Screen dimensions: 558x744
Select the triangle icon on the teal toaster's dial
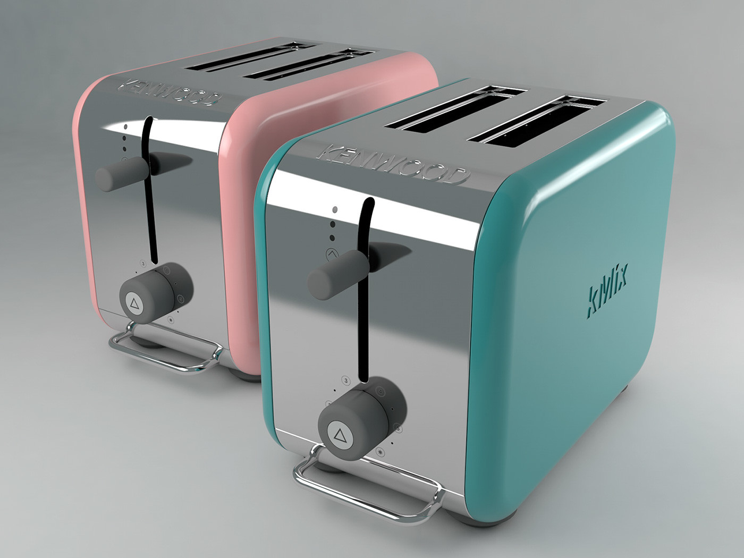(338, 434)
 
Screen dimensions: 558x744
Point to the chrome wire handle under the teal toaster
(367, 489)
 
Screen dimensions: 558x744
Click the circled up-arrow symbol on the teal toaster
(333, 255)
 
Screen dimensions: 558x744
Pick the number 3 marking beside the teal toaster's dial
(346, 381)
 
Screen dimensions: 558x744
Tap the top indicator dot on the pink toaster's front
(125, 127)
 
